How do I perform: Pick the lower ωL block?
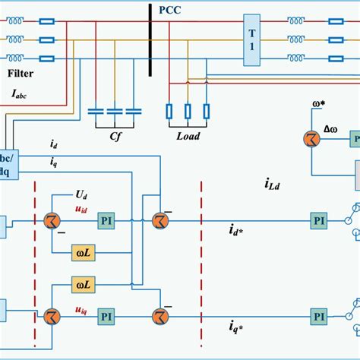(84, 284)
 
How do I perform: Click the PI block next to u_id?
(106, 219)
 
